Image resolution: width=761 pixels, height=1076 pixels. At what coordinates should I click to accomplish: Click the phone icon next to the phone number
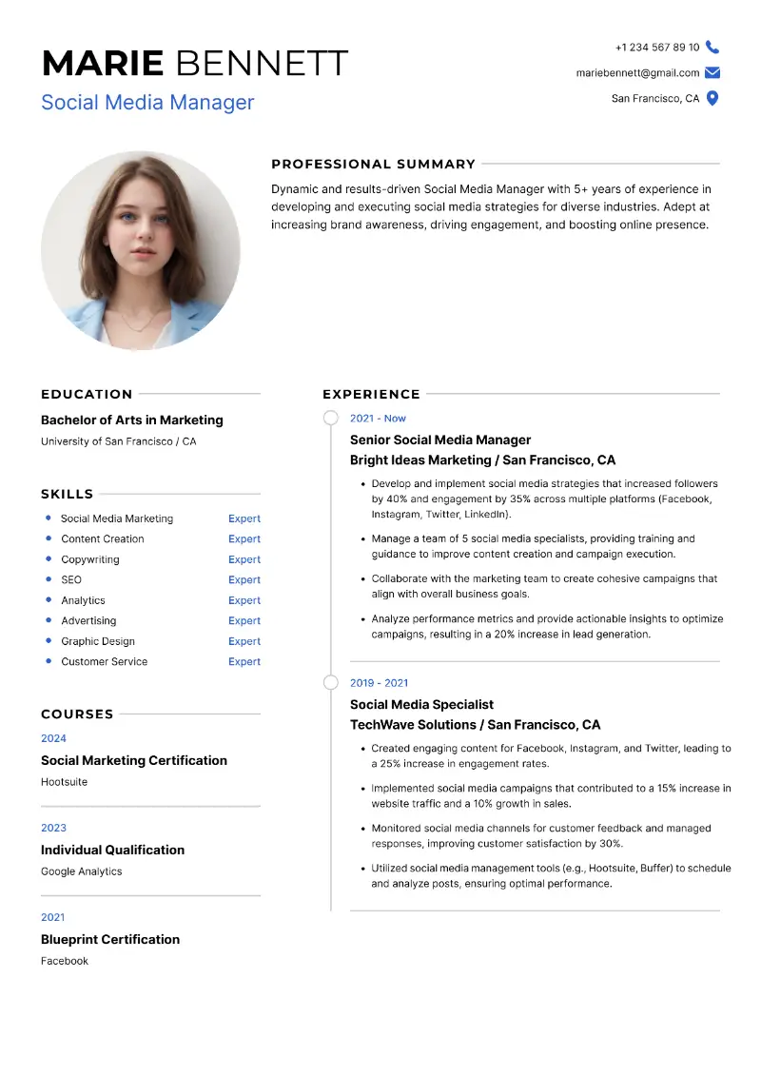click(x=712, y=48)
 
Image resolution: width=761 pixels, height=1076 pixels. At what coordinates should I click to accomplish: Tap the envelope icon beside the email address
click(x=712, y=73)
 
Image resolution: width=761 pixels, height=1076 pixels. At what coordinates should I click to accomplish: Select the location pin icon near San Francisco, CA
click(x=712, y=98)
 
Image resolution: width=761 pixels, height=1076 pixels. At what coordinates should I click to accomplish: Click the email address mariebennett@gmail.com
click(x=637, y=73)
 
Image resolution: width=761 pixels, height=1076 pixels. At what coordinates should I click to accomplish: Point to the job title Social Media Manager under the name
click(x=147, y=102)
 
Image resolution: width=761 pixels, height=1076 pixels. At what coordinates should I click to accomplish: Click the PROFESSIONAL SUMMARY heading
click(x=373, y=164)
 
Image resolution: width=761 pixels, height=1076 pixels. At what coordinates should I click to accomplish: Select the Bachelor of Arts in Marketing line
click(x=131, y=420)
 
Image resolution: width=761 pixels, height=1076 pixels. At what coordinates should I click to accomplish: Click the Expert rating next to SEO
click(x=244, y=579)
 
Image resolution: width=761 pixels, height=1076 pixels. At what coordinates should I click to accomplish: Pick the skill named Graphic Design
click(x=98, y=641)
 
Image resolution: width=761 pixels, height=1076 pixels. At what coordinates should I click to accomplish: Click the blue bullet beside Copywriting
click(x=49, y=559)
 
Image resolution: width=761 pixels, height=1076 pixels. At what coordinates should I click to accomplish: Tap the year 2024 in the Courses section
click(x=53, y=738)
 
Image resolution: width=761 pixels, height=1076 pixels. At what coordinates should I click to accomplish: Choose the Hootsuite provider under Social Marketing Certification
click(x=64, y=782)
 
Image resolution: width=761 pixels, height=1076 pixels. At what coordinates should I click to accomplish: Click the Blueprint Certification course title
click(x=110, y=939)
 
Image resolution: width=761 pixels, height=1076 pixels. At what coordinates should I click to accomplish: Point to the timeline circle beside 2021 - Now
click(x=330, y=418)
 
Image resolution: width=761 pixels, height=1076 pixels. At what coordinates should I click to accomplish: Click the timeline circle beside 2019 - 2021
click(x=330, y=682)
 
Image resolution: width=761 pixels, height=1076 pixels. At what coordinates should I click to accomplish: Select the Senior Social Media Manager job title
click(x=440, y=440)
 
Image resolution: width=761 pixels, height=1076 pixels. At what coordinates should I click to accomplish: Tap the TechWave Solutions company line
click(x=475, y=724)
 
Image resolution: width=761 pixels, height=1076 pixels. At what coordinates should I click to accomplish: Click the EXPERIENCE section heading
click(x=371, y=394)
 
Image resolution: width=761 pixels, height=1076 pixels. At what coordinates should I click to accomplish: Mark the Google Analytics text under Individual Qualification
click(x=81, y=871)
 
